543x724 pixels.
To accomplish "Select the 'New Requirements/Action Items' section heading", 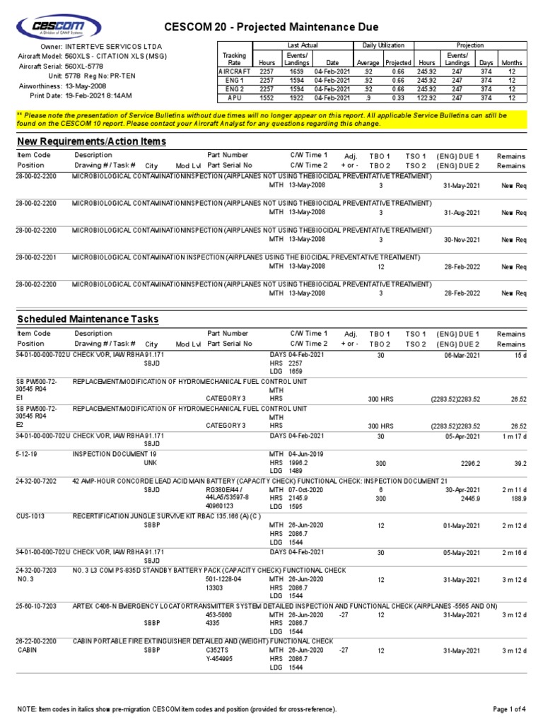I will tap(91, 141).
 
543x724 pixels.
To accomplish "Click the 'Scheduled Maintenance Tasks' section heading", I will tap(88, 319).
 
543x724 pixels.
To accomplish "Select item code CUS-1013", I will tap(30, 516).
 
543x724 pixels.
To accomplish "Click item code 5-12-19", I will tap(28, 453).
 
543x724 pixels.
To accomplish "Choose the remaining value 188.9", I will tap(519, 498).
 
